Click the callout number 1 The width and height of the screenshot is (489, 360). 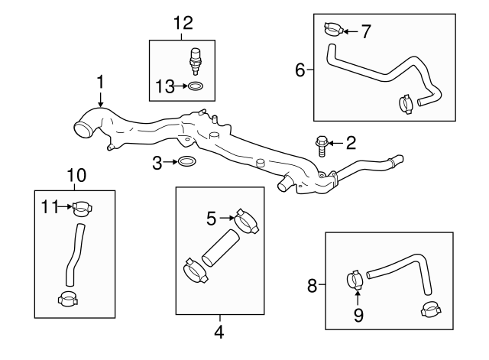[x=99, y=81]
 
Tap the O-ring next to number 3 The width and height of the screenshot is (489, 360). [x=186, y=162]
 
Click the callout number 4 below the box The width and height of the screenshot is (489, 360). [x=219, y=332]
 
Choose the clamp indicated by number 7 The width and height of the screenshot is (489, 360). [x=332, y=30]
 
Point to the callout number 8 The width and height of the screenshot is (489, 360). [x=312, y=287]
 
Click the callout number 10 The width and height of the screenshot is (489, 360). [x=74, y=175]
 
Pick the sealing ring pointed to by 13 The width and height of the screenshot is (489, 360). [x=196, y=88]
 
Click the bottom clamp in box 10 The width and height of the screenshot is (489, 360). [x=69, y=299]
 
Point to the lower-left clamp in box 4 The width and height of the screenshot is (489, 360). [x=196, y=271]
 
